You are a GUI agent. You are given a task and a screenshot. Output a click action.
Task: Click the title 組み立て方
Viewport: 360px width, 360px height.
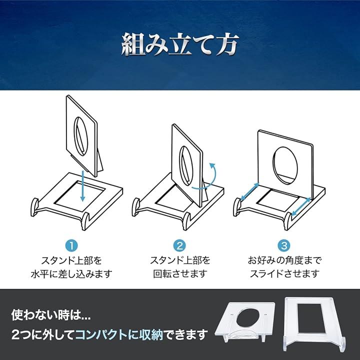point(180,44)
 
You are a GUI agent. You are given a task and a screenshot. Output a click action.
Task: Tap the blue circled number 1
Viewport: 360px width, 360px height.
point(71,245)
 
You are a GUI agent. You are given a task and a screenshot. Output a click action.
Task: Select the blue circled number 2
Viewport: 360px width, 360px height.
point(179,245)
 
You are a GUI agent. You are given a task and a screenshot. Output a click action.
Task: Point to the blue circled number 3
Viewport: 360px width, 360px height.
point(284,245)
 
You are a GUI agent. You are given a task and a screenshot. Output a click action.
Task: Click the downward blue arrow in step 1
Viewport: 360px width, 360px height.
point(83,186)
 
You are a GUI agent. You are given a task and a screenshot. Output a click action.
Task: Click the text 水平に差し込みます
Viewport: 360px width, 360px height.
point(71,274)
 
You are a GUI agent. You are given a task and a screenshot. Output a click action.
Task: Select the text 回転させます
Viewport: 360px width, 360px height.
point(180,274)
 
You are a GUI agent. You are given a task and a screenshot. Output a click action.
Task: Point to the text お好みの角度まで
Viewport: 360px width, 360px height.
point(284,260)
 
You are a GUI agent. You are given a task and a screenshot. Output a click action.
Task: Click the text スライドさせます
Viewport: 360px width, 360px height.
point(284,274)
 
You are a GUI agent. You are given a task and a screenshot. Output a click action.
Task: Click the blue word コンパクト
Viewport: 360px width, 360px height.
point(101,334)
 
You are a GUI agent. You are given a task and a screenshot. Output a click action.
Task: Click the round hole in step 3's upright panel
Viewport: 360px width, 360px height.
point(285,165)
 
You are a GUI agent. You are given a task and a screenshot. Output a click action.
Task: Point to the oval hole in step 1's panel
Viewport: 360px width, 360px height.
point(81,134)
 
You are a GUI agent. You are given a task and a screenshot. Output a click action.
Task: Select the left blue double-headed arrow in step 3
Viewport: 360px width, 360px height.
point(250,191)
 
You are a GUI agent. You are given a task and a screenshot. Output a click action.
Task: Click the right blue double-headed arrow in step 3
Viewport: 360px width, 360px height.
point(301,207)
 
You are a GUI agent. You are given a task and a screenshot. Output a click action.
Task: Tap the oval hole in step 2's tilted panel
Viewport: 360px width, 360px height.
point(186,166)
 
